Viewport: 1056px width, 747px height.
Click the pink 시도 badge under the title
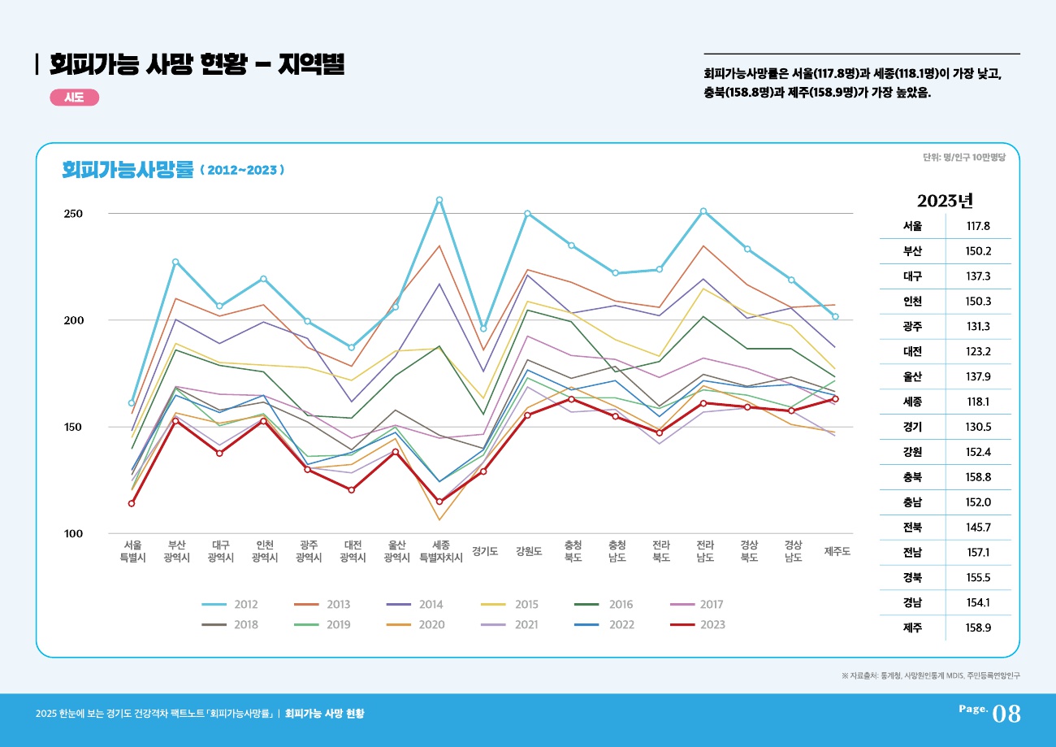(x=75, y=98)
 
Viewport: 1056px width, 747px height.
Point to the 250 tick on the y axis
(x=74, y=214)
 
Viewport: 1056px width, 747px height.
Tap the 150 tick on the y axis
(x=74, y=427)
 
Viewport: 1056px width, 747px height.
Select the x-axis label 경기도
(x=485, y=551)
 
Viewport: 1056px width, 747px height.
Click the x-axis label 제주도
(x=837, y=551)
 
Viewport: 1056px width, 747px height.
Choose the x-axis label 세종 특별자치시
(x=440, y=551)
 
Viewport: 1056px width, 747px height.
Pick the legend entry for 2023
(x=698, y=625)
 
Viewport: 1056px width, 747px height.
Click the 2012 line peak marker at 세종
(x=439, y=200)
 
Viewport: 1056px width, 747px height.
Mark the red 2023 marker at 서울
(x=132, y=503)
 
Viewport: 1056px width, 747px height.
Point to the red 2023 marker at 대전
(x=352, y=490)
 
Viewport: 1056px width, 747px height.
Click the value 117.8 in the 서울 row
(x=977, y=227)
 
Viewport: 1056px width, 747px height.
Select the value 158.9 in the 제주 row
(x=977, y=628)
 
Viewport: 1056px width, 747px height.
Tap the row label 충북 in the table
(x=912, y=477)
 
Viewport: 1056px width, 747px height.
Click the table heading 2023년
(x=945, y=201)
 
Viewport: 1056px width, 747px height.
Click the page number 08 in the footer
(x=1006, y=714)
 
